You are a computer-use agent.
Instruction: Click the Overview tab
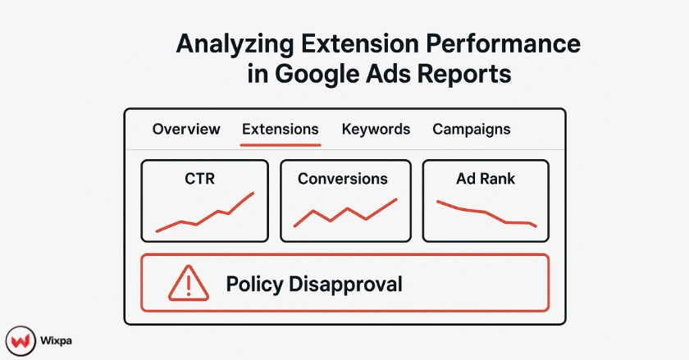point(186,130)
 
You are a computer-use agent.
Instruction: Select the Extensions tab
point(281,130)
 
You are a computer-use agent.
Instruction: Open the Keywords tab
point(376,130)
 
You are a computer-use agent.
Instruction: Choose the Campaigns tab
point(471,130)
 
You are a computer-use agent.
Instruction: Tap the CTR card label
point(200,179)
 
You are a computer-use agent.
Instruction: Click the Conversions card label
point(343,179)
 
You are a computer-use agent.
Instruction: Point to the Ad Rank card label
point(486,179)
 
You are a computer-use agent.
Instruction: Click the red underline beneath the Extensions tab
point(281,144)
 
